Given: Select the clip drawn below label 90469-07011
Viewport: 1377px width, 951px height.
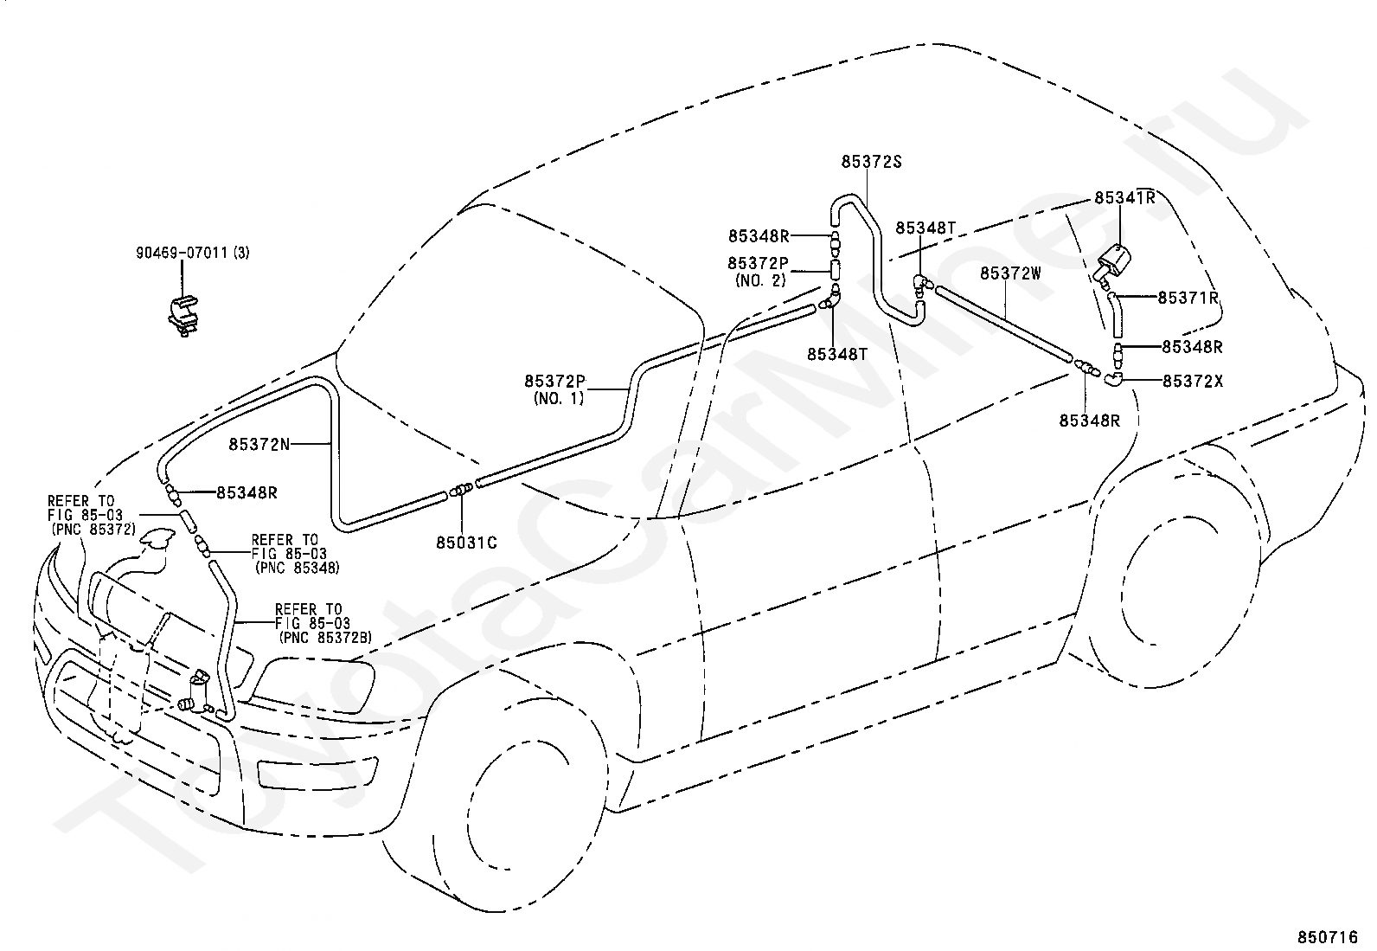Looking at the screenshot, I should click(184, 313).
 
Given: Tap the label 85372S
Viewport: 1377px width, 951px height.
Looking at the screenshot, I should click(871, 161).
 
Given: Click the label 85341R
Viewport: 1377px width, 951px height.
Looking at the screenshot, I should click(1124, 197).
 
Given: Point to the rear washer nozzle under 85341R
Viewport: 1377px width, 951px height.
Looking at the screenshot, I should click(1117, 261).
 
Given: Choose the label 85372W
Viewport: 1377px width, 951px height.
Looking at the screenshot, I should click(1010, 273).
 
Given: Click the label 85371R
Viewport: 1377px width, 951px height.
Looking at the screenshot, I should click(1188, 298).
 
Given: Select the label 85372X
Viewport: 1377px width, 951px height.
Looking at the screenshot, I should click(1193, 380).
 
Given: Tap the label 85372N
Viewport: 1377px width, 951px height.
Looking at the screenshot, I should click(259, 444).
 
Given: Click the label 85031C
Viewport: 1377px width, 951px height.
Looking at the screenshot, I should click(466, 543).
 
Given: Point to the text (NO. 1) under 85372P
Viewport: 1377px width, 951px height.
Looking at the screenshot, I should click(559, 398).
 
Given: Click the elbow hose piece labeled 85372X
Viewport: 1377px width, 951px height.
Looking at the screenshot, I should click(1113, 377).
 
